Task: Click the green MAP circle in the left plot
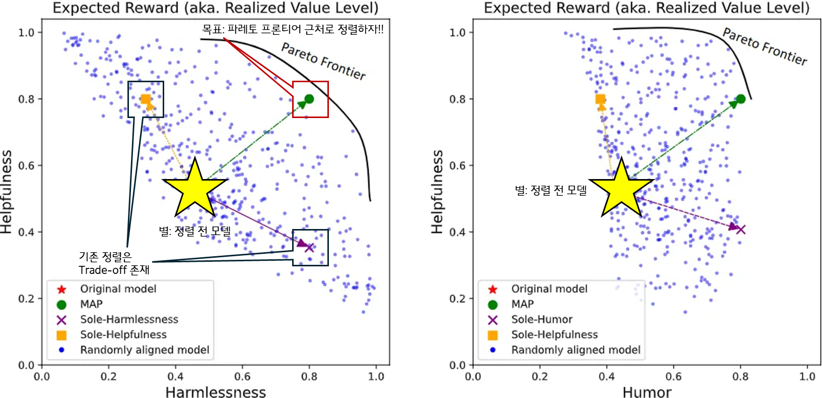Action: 309,99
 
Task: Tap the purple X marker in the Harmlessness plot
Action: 309,247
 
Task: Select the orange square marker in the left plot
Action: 146,99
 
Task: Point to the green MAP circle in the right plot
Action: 740,99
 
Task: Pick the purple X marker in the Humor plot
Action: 740,230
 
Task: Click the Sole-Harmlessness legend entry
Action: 129,319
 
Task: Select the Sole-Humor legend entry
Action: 541,319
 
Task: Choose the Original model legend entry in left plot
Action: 118,289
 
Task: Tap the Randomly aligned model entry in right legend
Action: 576,350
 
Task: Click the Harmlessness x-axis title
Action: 216,392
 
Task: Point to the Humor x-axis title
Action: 647,392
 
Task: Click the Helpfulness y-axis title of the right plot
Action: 437,192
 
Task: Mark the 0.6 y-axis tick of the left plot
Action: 26,165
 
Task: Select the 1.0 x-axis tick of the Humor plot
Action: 807,376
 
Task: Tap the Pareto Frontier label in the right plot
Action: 765,46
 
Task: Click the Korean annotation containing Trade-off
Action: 114,263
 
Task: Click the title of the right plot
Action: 646,8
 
